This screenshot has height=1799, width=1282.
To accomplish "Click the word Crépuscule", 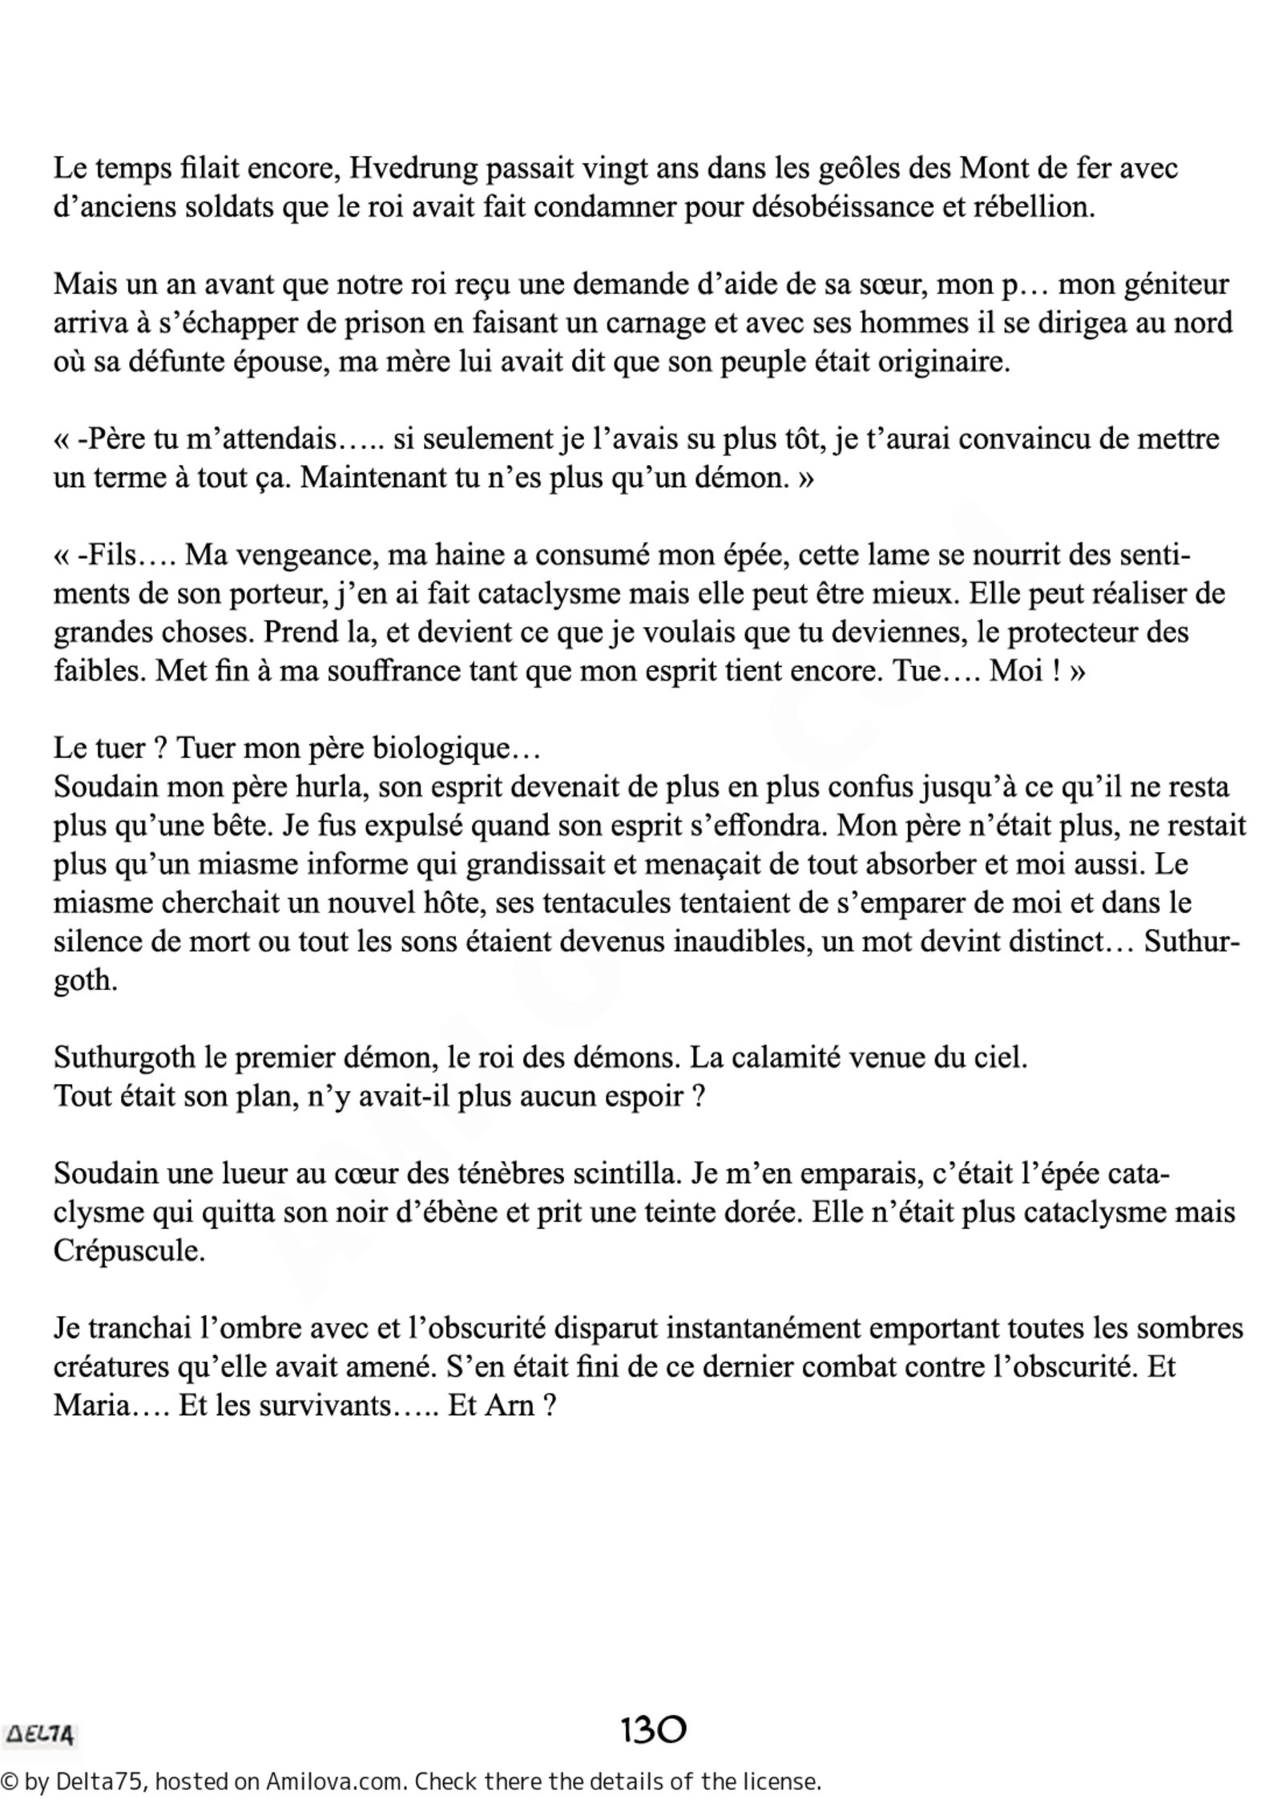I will click(x=129, y=1251).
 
